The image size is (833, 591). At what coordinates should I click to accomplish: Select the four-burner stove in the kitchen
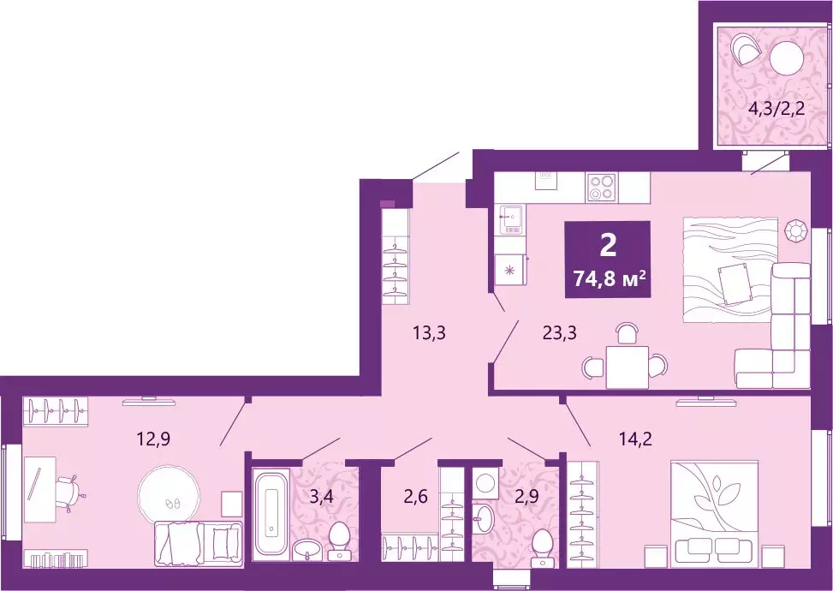point(602,186)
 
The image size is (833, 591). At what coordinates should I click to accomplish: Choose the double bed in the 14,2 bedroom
point(714,509)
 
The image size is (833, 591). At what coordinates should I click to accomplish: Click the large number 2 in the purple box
point(607,246)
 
